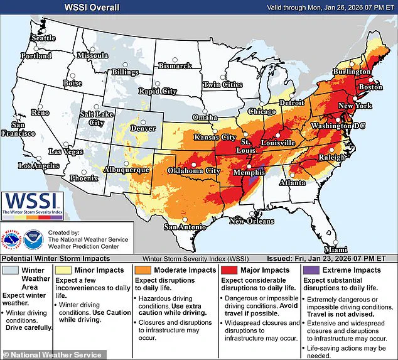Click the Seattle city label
pyautogui.click(x=43, y=38)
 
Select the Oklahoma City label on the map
pyautogui.click(x=193, y=170)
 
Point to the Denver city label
pyautogui.click(x=143, y=129)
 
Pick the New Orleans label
pyautogui.click(x=251, y=221)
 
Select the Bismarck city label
pyautogui.click(x=175, y=65)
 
